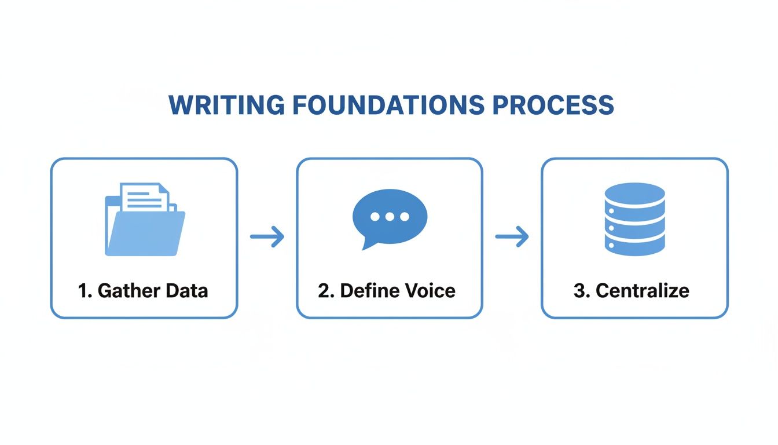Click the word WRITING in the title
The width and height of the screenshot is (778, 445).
coord(226,105)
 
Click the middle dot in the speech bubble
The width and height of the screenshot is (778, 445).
coord(390,217)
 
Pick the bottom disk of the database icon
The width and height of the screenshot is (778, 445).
coord(634,245)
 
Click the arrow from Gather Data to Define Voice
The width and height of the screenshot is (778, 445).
coord(267,236)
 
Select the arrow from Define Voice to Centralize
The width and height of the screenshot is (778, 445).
coord(512,236)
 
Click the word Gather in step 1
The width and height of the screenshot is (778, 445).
coord(121,290)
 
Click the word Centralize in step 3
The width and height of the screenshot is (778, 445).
coord(643,290)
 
